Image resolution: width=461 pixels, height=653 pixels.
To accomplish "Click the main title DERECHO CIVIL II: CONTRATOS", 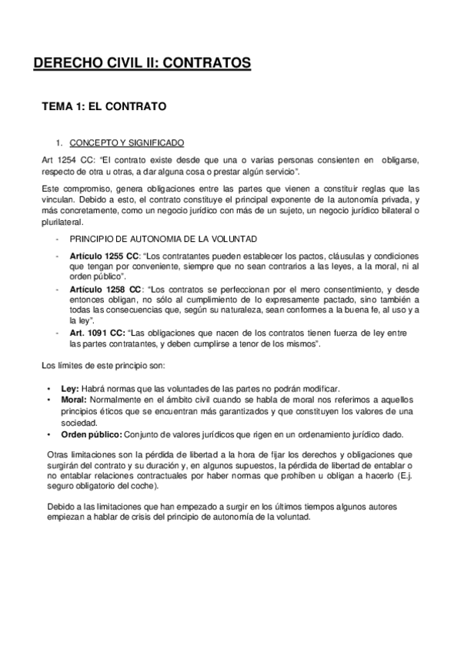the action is tap(142, 64).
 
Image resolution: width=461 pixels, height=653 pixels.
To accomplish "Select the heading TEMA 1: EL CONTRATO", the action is tap(104, 106).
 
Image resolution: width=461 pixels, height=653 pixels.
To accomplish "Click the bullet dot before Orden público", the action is tap(50, 433).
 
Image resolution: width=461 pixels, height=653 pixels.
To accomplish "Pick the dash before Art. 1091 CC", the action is tap(57, 332).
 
